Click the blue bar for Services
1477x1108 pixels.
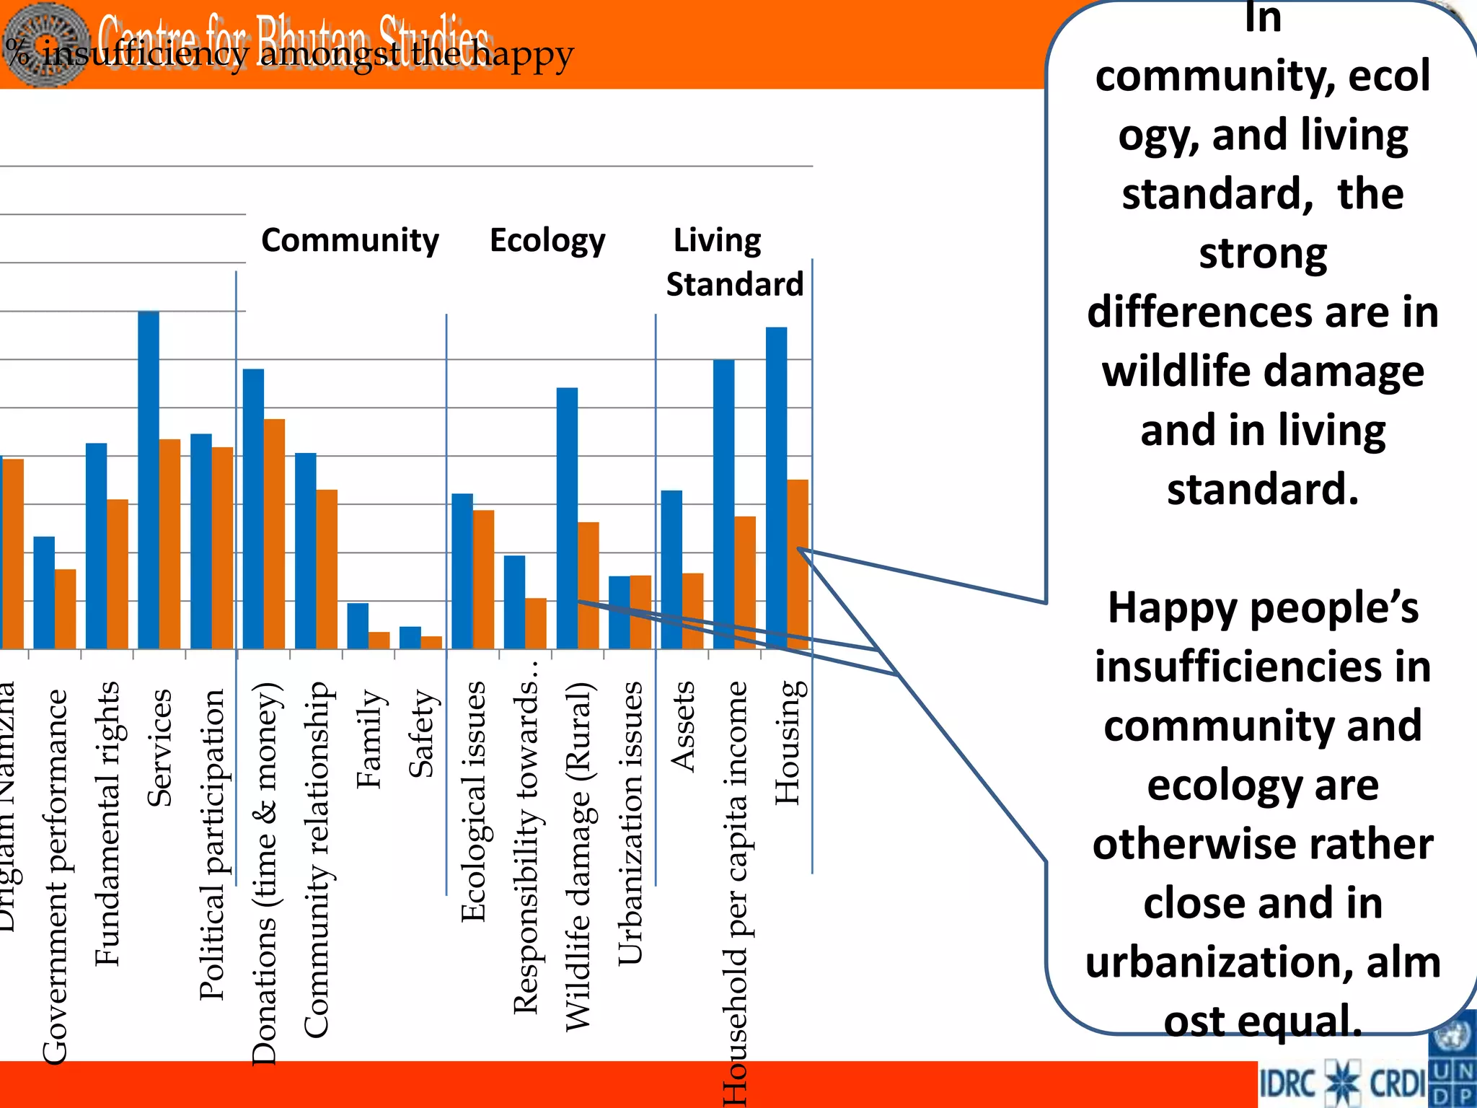pos(149,480)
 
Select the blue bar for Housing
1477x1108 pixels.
pos(776,488)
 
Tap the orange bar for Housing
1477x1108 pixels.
pos(798,563)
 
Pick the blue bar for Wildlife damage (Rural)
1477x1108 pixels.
pos(567,518)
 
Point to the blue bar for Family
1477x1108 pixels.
pos(358,625)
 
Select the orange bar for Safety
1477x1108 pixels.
pos(431,642)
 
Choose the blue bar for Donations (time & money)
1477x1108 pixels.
pos(253,509)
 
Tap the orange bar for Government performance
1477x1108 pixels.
pos(66,609)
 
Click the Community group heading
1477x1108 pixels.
pos(350,240)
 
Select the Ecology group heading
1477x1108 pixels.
pos(547,240)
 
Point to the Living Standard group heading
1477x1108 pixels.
pos(733,262)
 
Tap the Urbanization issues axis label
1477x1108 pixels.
pos(630,822)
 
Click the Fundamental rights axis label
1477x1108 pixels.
pos(107,822)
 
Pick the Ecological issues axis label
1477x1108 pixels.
pos(474,801)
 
